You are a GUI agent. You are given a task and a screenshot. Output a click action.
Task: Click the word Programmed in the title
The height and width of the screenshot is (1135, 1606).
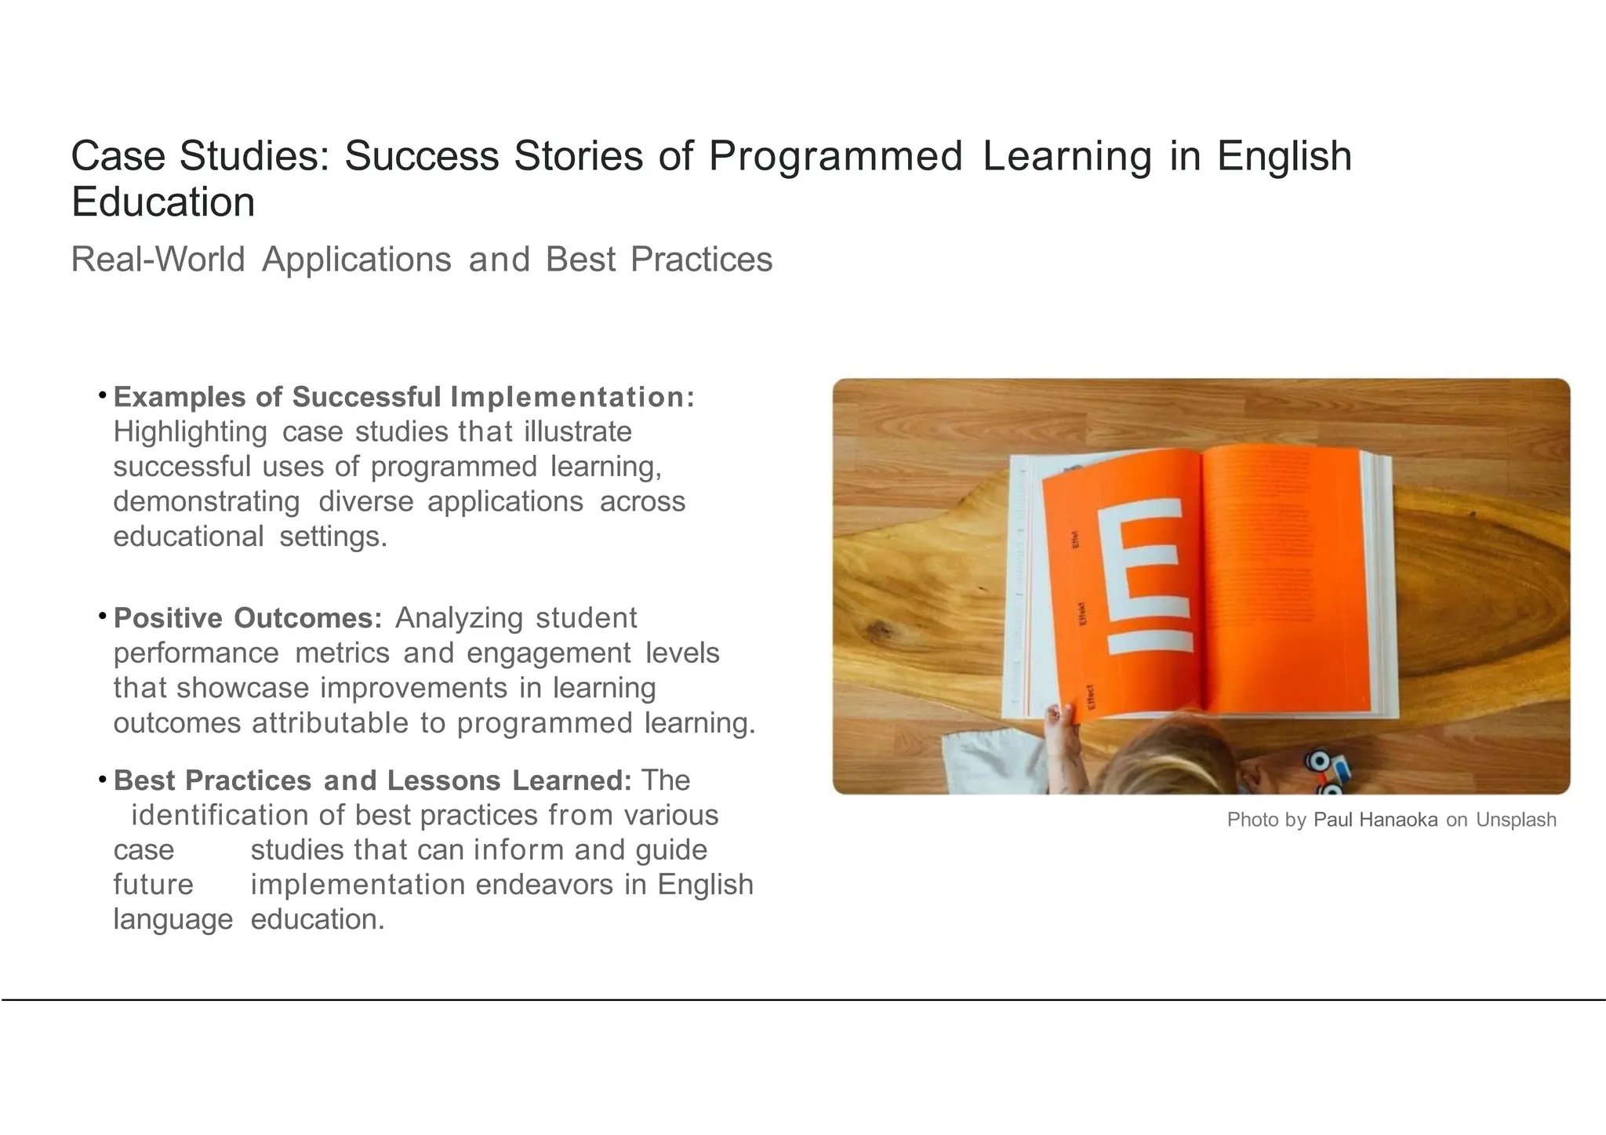tap(835, 156)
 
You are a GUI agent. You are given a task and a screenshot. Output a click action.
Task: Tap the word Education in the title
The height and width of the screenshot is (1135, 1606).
tap(163, 202)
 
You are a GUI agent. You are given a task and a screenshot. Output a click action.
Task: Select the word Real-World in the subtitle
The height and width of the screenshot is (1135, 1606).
tap(158, 260)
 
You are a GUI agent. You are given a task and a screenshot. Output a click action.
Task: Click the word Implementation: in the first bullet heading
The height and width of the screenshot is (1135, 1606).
tap(572, 397)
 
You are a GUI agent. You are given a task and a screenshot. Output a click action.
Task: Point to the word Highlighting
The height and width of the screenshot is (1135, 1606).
tap(191, 432)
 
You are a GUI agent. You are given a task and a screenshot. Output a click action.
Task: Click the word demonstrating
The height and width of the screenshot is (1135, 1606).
tap(207, 501)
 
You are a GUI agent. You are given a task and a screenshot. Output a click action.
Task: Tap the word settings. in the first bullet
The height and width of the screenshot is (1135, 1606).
tap(333, 537)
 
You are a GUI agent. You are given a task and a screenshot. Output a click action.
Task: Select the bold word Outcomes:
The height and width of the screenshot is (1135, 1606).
tap(308, 618)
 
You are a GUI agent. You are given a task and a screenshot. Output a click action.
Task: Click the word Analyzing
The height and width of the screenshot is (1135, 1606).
tap(459, 618)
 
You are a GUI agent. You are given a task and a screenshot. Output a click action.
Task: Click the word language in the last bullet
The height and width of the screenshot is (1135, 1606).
tap(173, 919)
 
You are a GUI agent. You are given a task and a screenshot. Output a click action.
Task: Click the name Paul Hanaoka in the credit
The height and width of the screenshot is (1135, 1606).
tap(1375, 820)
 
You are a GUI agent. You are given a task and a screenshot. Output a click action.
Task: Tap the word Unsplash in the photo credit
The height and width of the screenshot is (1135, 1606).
tap(1516, 820)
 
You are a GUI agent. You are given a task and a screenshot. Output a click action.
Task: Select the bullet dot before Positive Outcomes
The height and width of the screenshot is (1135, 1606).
tap(103, 617)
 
